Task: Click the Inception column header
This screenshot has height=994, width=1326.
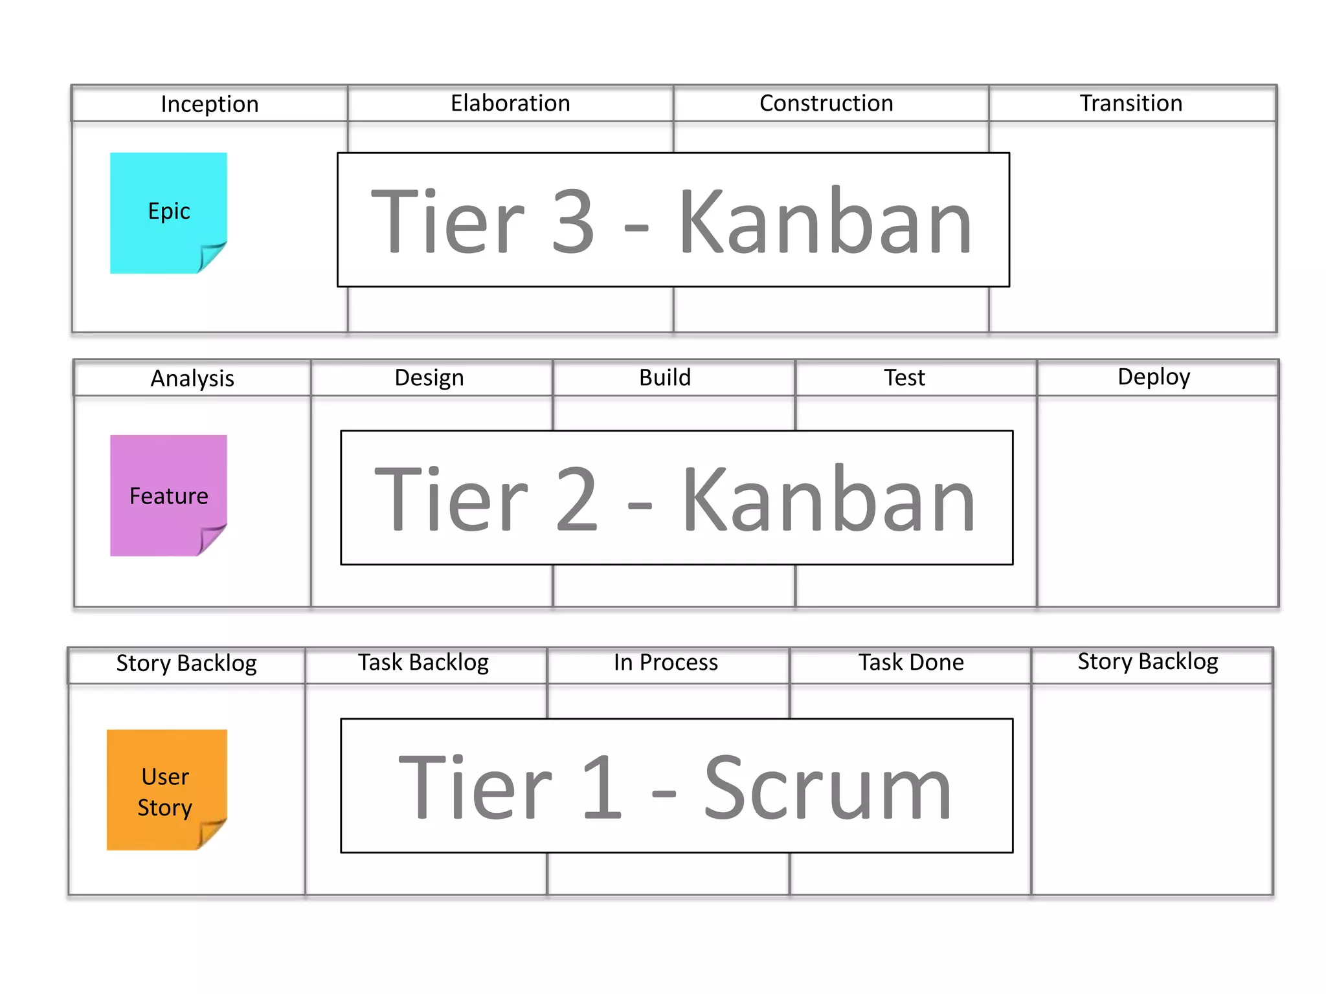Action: pyautogui.click(x=209, y=104)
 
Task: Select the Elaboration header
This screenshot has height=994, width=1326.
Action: pyautogui.click(x=510, y=104)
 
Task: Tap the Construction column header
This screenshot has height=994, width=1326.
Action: pyautogui.click(x=826, y=104)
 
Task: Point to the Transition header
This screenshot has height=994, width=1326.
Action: pyautogui.click(x=1130, y=104)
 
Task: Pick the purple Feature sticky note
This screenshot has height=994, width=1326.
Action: pyautogui.click(x=168, y=494)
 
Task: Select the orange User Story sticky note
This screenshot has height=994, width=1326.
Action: pyautogui.click(x=166, y=790)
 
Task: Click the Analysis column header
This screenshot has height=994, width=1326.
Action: pyautogui.click(x=192, y=379)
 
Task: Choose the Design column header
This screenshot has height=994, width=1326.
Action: pyautogui.click(x=429, y=378)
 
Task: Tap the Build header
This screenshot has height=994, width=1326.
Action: pyautogui.click(x=665, y=378)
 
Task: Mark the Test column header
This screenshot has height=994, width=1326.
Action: pyautogui.click(x=905, y=378)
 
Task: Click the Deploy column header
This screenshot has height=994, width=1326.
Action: pyautogui.click(x=1154, y=377)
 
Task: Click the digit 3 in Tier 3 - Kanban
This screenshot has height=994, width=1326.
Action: pyautogui.click(x=572, y=221)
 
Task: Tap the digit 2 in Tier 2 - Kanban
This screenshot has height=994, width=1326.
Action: pyautogui.click(x=576, y=499)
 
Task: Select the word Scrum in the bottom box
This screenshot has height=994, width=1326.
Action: pyautogui.click(x=827, y=788)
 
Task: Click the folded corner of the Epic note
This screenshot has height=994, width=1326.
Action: pyautogui.click(x=211, y=257)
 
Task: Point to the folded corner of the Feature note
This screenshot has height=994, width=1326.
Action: pyautogui.click(x=211, y=539)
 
